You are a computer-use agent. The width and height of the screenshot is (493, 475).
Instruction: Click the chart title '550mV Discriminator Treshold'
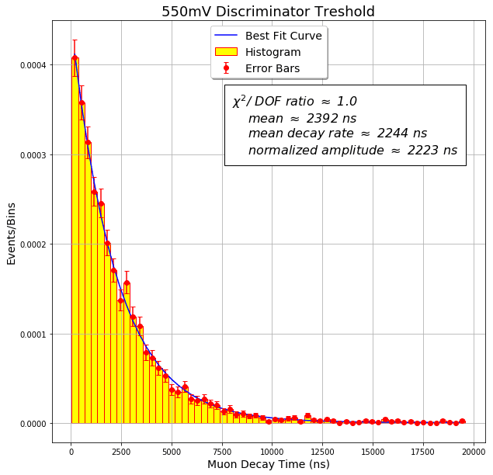click(x=268, y=12)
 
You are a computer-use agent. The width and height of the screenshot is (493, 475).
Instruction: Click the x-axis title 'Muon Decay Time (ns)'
click(x=268, y=464)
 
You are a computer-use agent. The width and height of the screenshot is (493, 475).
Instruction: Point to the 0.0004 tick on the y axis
click(x=33, y=65)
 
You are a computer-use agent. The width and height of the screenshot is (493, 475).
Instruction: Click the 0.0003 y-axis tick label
click(x=33, y=155)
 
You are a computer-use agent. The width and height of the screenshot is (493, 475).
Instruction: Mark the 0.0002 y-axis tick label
click(x=33, y=244)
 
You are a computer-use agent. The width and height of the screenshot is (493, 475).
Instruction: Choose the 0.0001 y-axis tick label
click(x=33, y=335)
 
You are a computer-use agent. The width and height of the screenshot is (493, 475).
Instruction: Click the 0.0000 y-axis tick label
click(x=33, y=424)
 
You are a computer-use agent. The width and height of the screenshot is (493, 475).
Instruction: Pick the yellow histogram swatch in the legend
click(x=226, y=52)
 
